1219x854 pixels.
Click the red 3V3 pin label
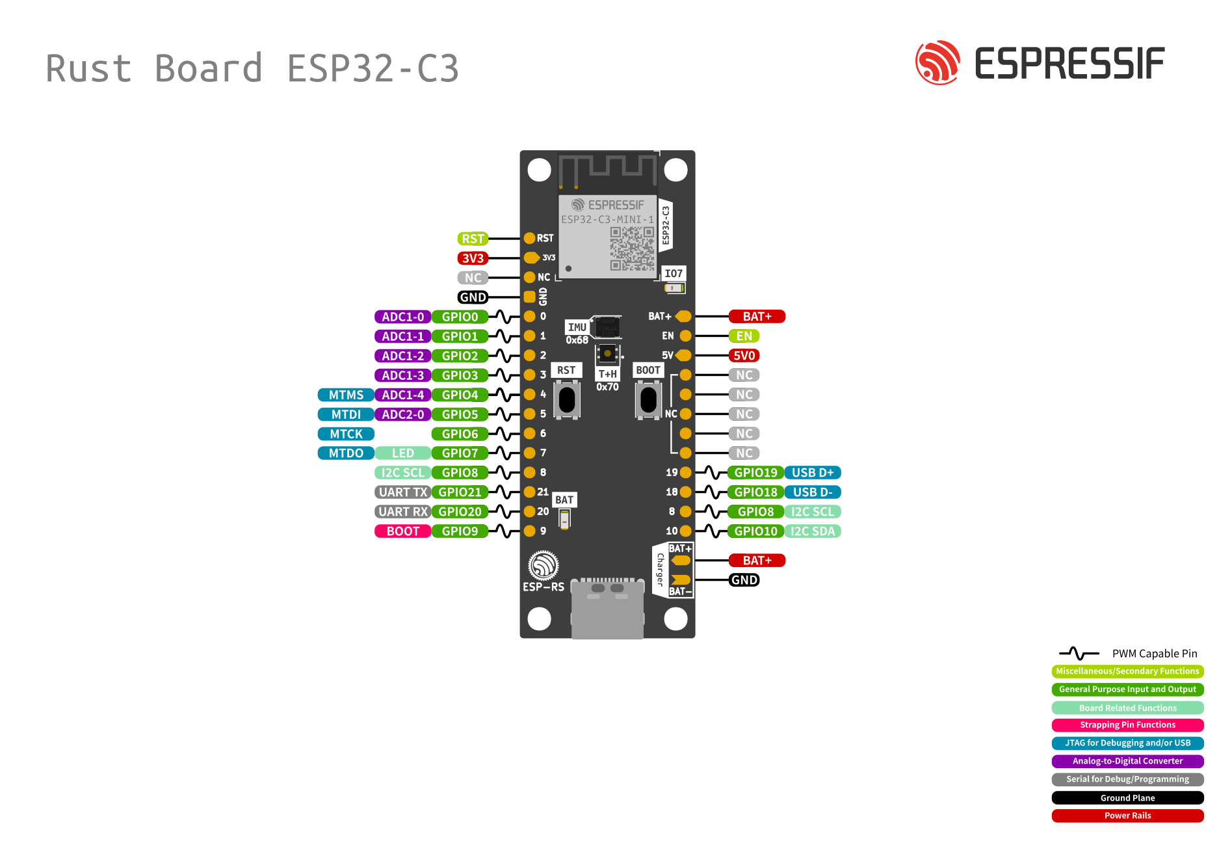tap(473, 258)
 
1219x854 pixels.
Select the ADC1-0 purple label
tap(402, 317)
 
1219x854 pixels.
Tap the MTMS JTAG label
tap(346, 395)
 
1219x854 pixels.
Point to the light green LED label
tap(402, 453)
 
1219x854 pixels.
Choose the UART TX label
tap(402, 492)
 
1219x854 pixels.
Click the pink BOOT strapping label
tap(402, 531)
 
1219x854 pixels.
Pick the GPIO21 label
tap(460, 492)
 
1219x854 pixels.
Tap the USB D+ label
tap(813, 473)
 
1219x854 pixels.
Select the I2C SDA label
tap(813, 531)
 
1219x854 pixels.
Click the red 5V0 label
tap(744, 356)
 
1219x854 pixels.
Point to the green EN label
tap(744, 336)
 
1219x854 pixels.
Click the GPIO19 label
tap(755, 473)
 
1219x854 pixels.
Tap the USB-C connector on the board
tap(607, 608)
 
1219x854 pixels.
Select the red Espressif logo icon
tap(937, 63)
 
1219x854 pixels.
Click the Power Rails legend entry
tap(1127, 816)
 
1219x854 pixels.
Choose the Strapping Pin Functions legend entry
tap(1127, 725)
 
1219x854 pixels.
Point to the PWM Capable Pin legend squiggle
tap(1079, 653)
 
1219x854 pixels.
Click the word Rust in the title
tap(88, 69)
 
